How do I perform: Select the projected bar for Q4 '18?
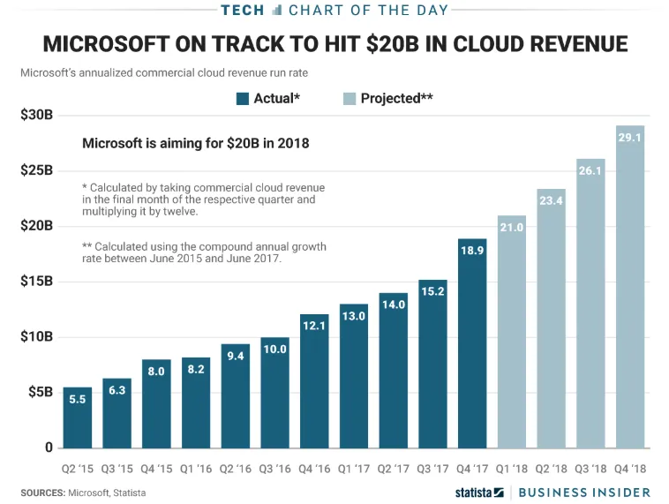[630, 287]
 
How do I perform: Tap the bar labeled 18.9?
[472, 343]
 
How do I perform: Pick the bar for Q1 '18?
[512, 332]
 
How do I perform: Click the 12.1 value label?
[314, 327]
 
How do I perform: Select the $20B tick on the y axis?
[36, 226]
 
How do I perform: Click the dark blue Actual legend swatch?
[243, 99]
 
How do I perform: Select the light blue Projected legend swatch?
[350, 99]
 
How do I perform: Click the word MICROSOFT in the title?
[109, 44]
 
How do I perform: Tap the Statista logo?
[479, 492]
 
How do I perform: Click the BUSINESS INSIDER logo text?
[584, 492]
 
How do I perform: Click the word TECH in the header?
[242, 10]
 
